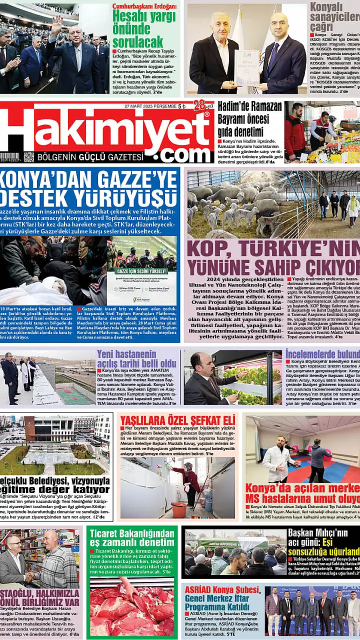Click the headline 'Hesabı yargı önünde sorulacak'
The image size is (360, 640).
[143, 28]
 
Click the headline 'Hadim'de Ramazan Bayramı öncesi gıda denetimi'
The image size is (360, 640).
[249, 119]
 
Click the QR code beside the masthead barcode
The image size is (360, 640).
[29, 157]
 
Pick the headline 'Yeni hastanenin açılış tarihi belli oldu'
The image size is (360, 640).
[136, 358]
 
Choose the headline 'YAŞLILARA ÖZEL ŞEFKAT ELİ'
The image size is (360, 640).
[177, 419]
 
